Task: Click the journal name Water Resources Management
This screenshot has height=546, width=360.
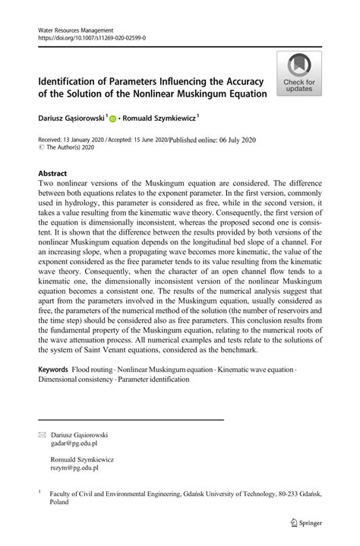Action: (x=71, y=28)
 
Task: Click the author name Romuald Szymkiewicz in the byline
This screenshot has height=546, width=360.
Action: (x=161, y=118)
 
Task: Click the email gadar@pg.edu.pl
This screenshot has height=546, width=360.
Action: (x=74, y=443)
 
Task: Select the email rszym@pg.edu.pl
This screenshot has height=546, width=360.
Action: (x=74, y=469)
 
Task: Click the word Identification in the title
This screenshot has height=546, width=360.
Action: (x=73, y=81)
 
